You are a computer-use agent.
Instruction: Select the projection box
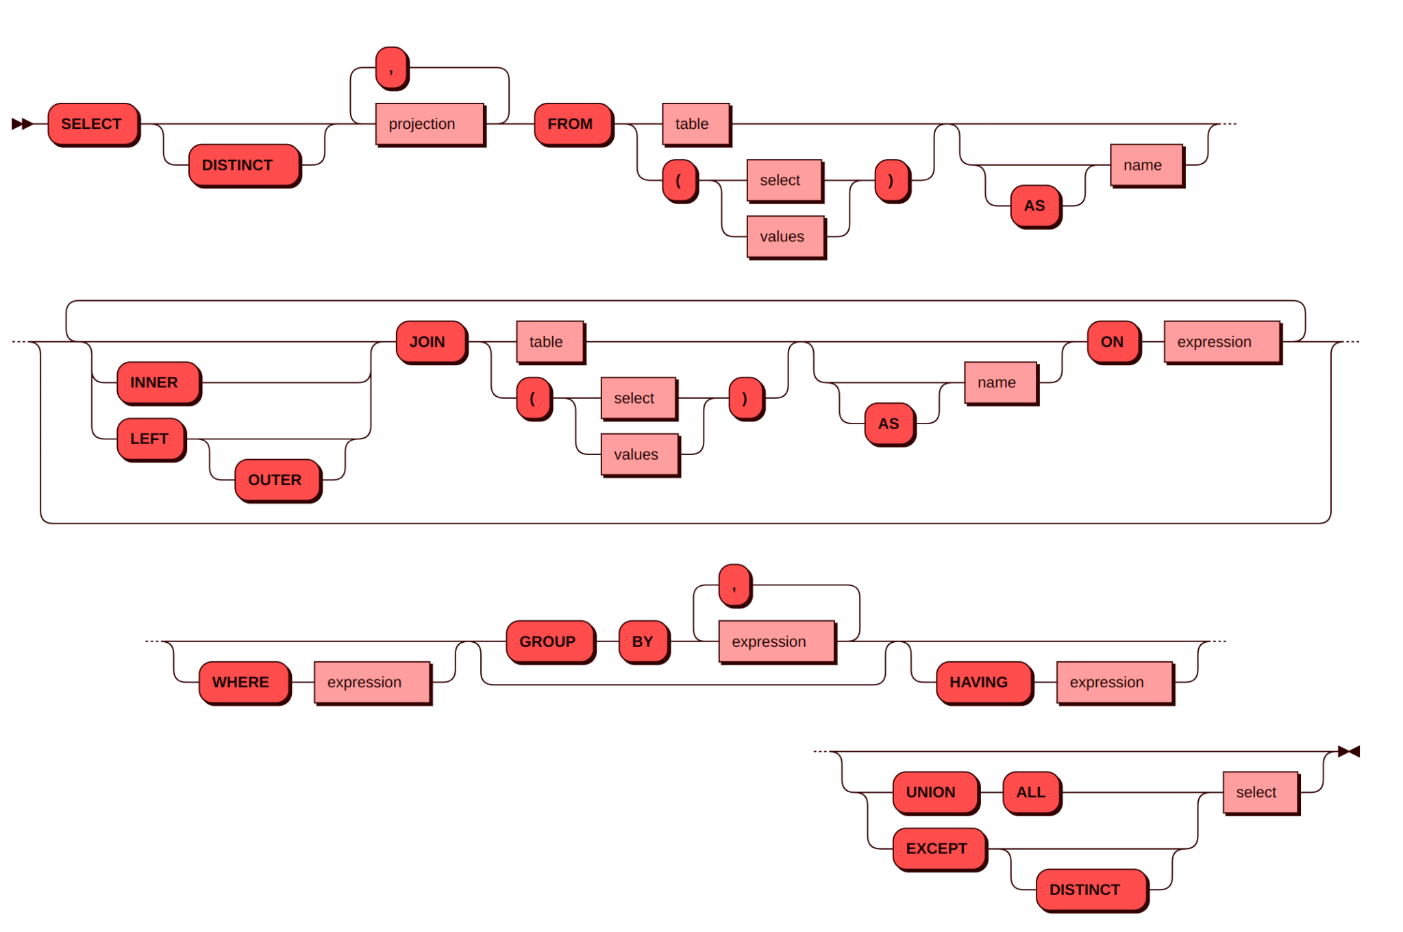430,124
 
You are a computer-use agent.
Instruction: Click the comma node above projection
392,68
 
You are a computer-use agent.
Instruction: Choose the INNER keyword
158,382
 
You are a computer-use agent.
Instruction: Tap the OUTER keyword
277,480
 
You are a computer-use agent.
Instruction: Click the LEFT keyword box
151,439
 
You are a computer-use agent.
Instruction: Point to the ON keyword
1113,342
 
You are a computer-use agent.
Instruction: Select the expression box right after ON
1221,342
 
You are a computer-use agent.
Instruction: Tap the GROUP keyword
550,641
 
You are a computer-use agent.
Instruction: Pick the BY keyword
643,641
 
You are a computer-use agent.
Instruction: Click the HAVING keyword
983,683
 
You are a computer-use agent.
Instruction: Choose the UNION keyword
935,792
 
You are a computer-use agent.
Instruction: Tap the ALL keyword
1032,792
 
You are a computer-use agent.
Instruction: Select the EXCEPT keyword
939,848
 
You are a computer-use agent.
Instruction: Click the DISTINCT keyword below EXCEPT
1091,890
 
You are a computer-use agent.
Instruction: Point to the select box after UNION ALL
1260,792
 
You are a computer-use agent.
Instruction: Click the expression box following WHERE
372,683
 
